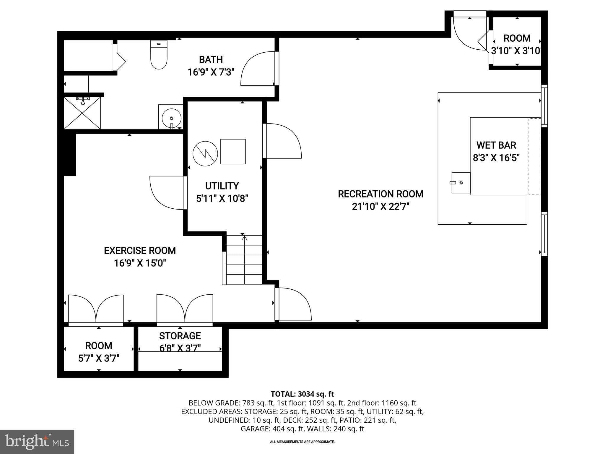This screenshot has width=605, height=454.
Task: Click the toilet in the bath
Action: [159, 56]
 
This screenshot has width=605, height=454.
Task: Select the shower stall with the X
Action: [82, 113]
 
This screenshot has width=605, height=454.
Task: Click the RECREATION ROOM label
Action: [380, 194]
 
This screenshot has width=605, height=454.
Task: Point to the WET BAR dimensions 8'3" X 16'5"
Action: [496, 158]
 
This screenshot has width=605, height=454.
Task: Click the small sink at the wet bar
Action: [461, 183]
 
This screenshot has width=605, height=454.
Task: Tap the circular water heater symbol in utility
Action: [205, 153]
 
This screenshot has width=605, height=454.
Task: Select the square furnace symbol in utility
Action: [233, 151]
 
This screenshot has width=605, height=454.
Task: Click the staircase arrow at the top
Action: [244, 237]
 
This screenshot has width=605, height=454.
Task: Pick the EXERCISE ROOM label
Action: [140, 251]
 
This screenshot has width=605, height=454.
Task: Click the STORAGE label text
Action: [180, 336]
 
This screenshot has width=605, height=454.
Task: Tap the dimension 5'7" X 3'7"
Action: [99, 359]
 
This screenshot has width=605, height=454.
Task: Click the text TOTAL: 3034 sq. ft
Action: [302, 394]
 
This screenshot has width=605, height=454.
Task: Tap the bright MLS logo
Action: [37, 442]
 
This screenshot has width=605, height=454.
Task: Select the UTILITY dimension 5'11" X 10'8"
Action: [222, 198]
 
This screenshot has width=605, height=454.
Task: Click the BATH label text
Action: [211, 60]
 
